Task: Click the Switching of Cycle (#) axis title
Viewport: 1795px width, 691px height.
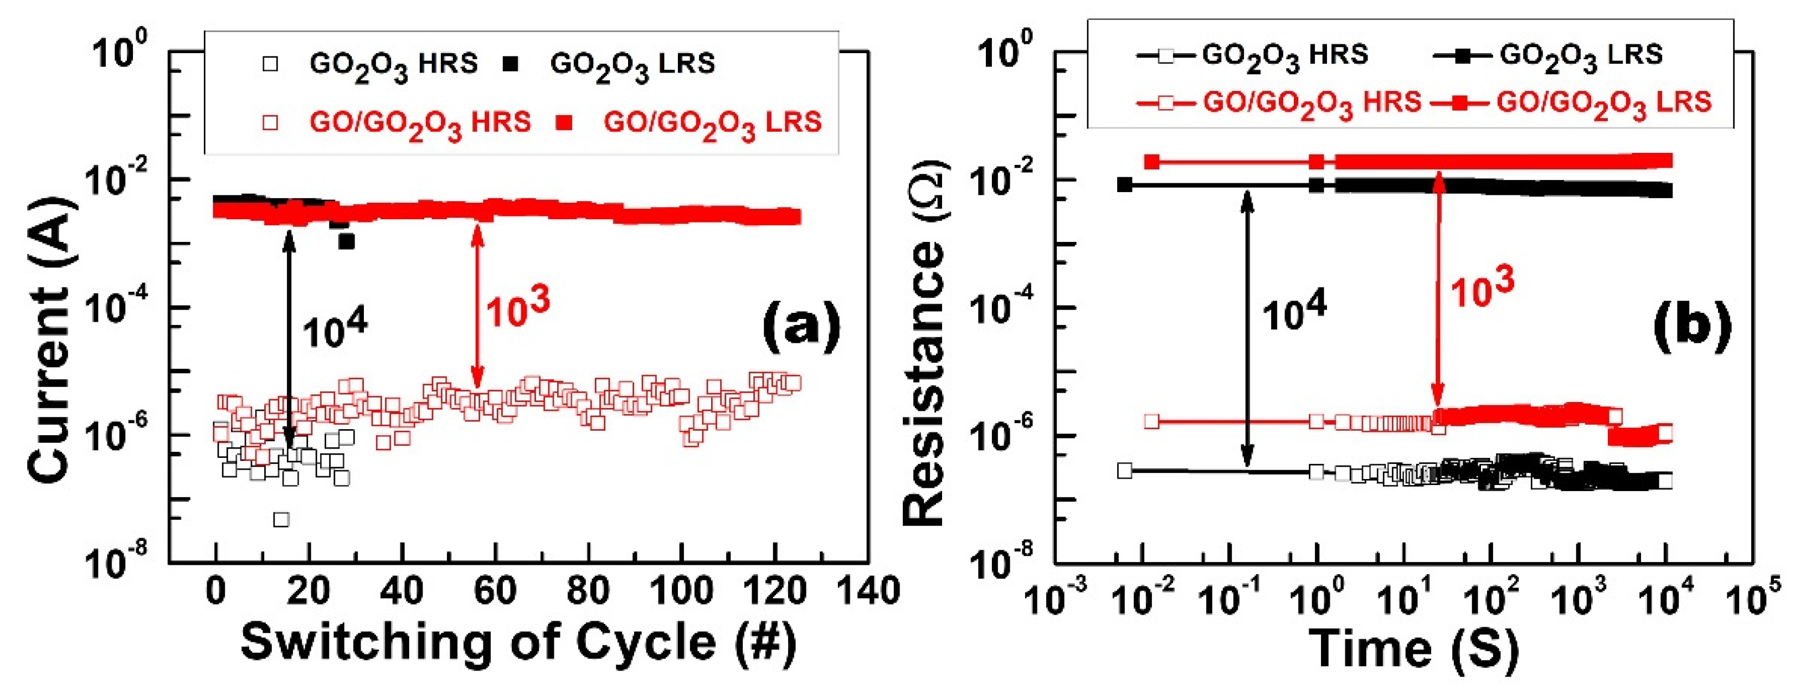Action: (x=518, y=642)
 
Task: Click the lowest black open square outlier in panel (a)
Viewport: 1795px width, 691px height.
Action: (x=281, y=519)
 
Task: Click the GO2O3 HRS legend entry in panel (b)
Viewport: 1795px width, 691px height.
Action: (x=1254, y=56)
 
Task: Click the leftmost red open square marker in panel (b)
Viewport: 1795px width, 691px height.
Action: (x=1152, y=421)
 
